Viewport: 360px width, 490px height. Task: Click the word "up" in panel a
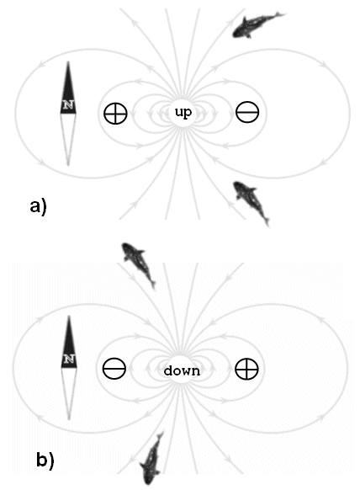183,113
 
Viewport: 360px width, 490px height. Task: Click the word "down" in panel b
182,370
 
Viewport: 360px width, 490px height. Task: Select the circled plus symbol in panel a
115,113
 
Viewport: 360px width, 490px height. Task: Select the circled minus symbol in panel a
247,112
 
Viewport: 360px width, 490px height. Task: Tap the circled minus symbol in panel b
114,368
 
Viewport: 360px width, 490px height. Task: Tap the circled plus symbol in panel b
246,369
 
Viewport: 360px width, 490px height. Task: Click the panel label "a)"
38,207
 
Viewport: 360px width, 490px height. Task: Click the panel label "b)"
45,461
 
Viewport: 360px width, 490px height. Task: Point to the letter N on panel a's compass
68,104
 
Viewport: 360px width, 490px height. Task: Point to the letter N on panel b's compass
69,359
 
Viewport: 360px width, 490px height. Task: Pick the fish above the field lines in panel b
139,264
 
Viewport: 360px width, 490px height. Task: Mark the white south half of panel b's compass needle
69,392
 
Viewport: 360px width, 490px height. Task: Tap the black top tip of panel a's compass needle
68,61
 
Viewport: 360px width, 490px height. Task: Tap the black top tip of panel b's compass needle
69,316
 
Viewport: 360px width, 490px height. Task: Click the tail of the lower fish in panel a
266,220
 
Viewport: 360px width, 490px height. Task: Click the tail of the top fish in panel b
152,284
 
